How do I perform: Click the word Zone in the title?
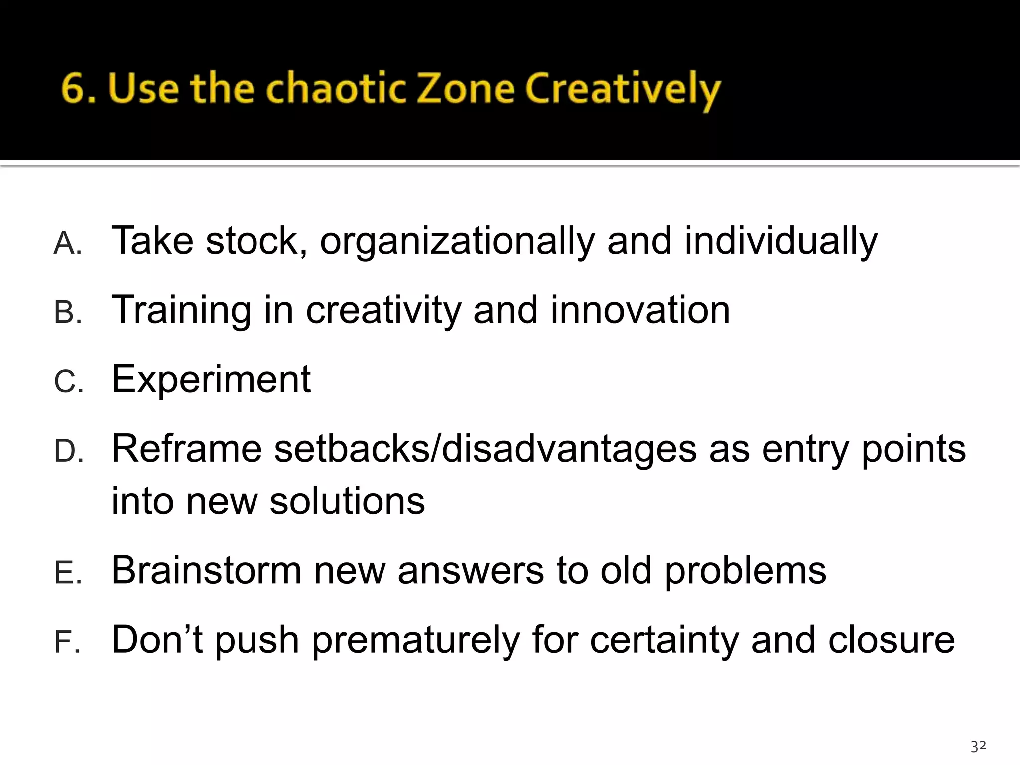coord(466,89)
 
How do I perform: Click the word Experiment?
coord(211,380)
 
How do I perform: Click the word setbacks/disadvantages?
coord(486,449)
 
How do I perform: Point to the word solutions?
coord(347,501)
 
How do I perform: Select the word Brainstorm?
coord(206,570)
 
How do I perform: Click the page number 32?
coord(978,746)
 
